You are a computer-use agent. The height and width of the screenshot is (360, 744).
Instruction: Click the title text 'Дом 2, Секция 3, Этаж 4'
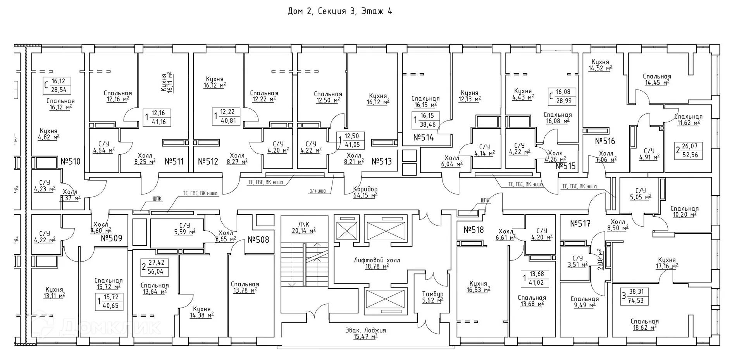[339, 11]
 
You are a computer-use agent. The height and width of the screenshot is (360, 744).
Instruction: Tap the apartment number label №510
[71, 161]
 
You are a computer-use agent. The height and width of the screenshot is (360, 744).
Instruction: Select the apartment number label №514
[424, 138]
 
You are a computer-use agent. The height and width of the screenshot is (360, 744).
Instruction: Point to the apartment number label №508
[258, 240]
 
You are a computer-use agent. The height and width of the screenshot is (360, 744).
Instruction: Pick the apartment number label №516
[605, 141]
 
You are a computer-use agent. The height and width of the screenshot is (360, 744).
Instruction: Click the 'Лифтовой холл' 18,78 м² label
[377, 263]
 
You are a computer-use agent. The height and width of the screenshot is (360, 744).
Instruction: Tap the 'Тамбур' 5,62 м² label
[432, 297]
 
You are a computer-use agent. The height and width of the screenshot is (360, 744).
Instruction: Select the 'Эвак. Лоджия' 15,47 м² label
[365, 334]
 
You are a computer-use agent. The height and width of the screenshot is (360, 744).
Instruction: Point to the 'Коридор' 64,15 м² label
[365, 192]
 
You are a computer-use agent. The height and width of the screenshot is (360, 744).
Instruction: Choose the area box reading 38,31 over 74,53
[634, 296]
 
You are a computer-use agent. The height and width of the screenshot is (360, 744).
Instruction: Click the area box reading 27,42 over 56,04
[155, 267]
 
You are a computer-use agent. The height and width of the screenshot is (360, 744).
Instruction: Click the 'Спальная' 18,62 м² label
[644, 324]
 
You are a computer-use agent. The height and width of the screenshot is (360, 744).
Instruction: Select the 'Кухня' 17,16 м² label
[666, 263]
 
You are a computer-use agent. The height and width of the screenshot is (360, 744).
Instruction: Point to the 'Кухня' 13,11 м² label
[54, 293]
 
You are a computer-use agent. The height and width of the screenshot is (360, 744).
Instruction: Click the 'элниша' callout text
[317, 191]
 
